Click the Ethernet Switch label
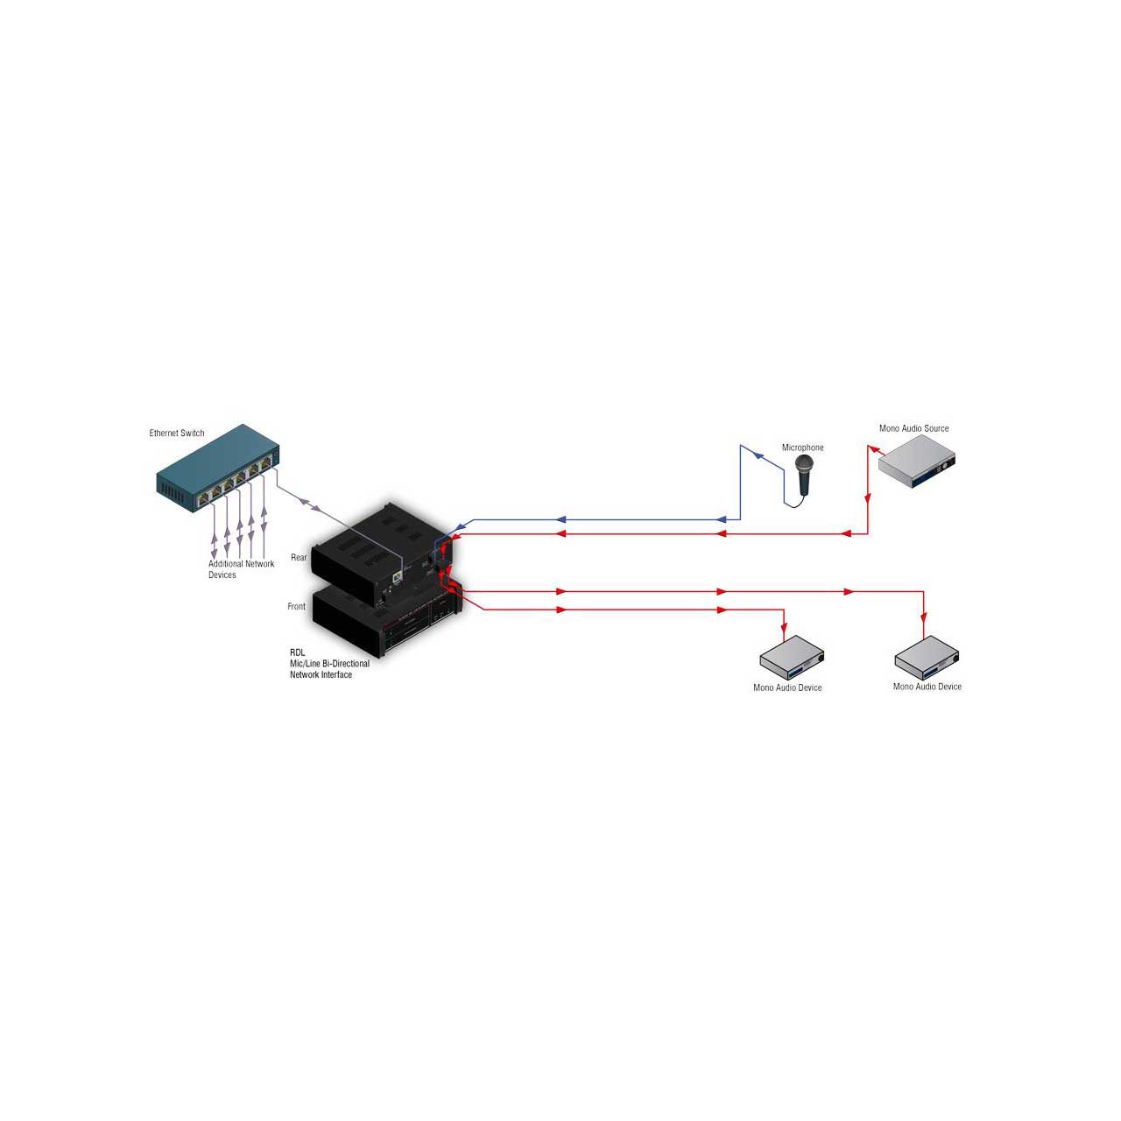[x=177, y=434]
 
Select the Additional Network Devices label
[x=241, y=569]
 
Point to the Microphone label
[x=802, y=448]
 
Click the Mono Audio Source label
[x=914, y=428]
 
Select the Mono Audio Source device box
[x=917, y=462]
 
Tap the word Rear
[x=299, y=557]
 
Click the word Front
[x=296, y=606]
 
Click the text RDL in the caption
[x=297, y=652]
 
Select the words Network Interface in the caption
[x=321, y=675]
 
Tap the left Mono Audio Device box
[x=793, y=658]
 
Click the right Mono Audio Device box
[x=926, y=658]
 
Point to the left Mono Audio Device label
[x=787, y=687]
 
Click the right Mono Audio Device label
[x=927, y=687]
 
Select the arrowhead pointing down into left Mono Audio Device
[x=784, y=629]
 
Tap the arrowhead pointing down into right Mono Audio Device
[x=924, y=617]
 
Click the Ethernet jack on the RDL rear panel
[x=398, y=576]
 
